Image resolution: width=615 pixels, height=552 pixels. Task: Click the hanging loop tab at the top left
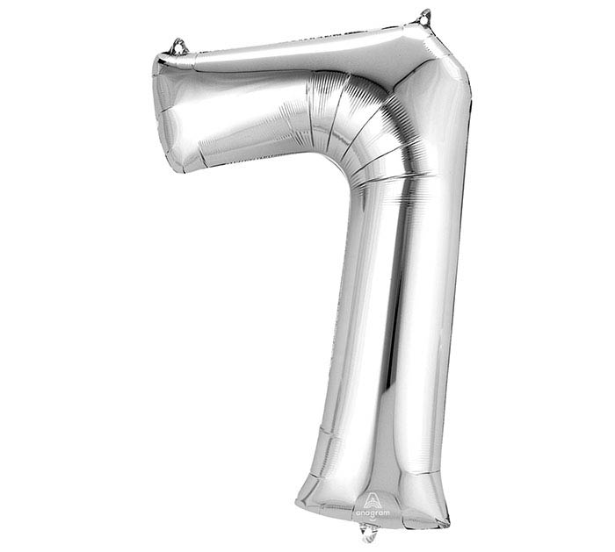179,47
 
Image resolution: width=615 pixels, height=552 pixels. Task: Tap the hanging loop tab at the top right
424,17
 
